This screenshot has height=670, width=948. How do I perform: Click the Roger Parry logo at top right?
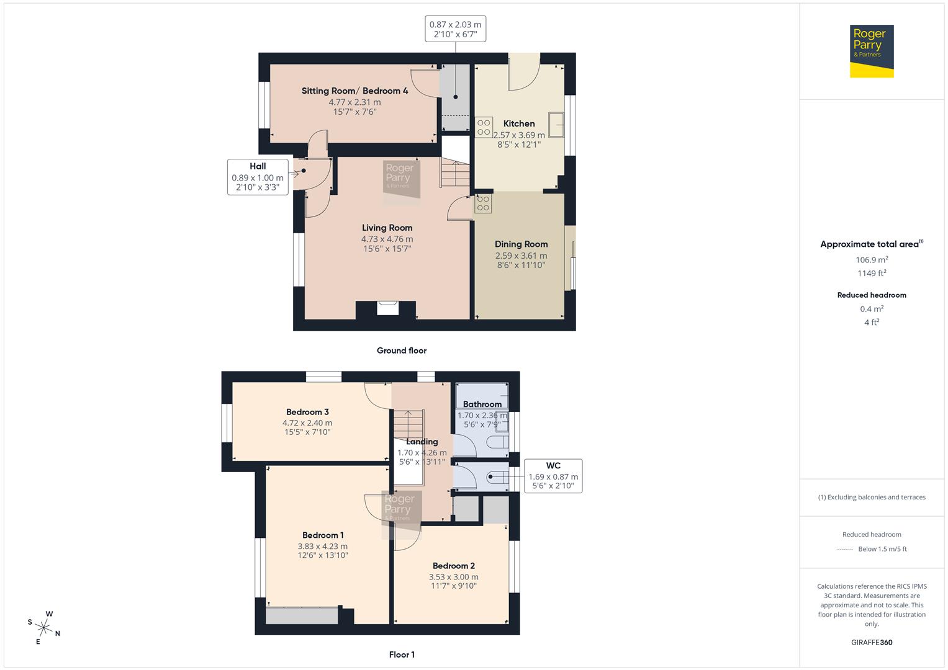(x=871, y=51)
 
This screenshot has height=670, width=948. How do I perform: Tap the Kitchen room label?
(x=519, y=123)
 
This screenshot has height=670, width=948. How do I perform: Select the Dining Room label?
(x=521, y=244)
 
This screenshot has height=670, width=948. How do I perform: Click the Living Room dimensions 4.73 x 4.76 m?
(x=387, y=239)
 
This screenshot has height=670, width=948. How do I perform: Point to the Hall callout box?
(x=258, y=177)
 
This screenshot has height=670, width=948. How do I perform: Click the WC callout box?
(x=553, y=476)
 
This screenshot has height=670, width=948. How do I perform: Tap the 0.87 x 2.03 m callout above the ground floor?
(x=455, y=29)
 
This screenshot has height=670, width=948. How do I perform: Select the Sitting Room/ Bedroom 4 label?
(x=354, y=91)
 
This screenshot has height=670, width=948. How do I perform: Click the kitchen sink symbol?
(x=556, y=124)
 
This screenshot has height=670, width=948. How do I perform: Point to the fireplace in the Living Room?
(x=387, y=308)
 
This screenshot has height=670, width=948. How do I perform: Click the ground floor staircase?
(x=455, y=172)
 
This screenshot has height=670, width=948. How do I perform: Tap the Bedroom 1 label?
(x=323, y=535)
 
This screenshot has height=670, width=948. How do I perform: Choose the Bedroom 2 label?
(x=453, y=566)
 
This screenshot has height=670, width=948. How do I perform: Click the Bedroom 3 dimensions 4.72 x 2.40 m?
(x=307, y=422)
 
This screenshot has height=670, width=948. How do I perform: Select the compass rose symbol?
(x=44, y=627)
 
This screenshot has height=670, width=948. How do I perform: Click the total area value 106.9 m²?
(x=871, y=260)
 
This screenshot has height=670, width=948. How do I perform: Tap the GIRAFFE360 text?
(x=871, y=642)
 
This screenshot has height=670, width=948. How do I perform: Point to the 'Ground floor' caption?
(x=402, y=351)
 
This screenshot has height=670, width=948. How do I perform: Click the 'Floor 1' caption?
(x=402, y=654)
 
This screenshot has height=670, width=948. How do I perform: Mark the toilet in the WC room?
(x=496, y=478)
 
